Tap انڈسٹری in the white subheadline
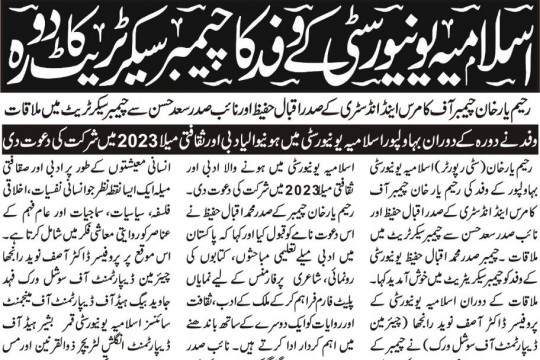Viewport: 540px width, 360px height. point(338,106)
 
